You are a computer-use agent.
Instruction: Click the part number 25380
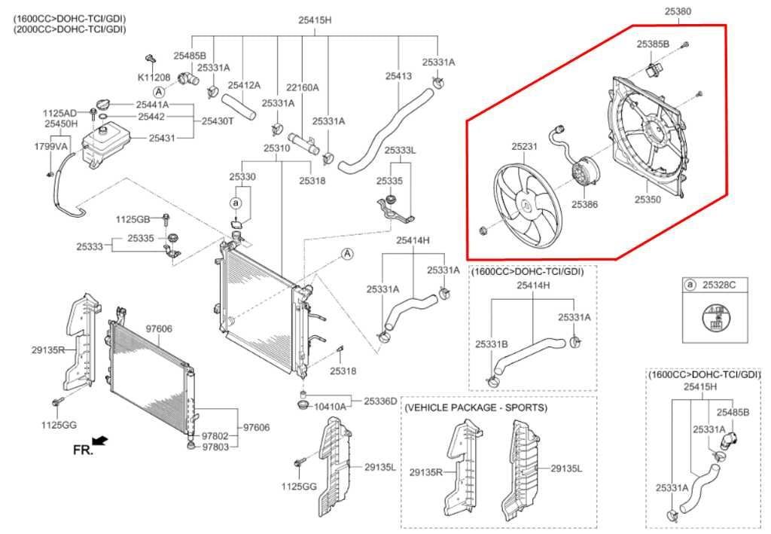[x=677, y=11]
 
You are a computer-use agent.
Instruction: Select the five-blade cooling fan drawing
[x=524, y=203]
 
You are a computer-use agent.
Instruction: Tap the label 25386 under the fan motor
[x=584, y=203]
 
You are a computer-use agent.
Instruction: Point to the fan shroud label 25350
[x=647, y=200]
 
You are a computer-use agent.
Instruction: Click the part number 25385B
[x=652, y=44]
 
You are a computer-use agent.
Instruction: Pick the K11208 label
[x=153, y=77]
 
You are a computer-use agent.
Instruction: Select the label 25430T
[x=218, y=121]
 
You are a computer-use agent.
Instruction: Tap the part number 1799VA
[x=51, y=146]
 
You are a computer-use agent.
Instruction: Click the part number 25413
[x=398, y=76]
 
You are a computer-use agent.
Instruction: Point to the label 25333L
[x=400, y=151]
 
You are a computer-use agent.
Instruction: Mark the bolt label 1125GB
[x=133, y=219]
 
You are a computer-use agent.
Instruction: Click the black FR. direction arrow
[x=99, y=440]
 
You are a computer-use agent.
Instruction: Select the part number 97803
[x=215, y=447]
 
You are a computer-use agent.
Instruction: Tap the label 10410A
[x=330, y=406]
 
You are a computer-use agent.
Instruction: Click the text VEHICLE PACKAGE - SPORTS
[x=476, y=407]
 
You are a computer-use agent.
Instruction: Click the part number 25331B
[x=491, y=343]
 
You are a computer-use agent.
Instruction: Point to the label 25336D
[x=380, y=401]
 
